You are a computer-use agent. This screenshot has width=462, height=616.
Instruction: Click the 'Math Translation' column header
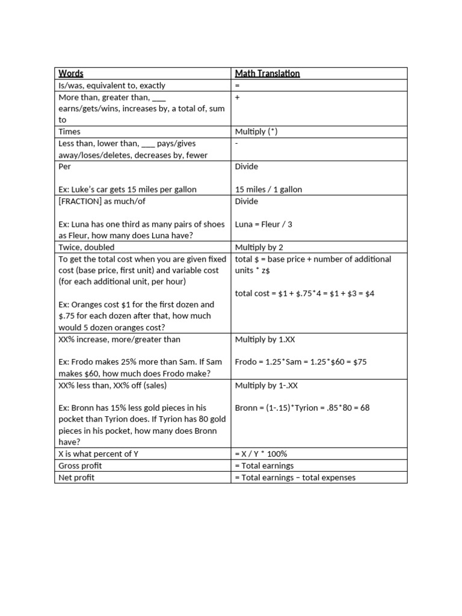point(267,73)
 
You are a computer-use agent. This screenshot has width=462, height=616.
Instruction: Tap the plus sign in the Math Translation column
point(237,97)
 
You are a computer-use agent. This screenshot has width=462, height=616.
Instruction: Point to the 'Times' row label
point(69,132)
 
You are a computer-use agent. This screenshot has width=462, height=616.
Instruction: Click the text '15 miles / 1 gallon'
point(268,189)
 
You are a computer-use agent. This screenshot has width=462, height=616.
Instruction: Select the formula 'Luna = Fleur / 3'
point(263,224)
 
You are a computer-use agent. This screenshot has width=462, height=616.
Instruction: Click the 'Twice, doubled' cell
point(86,247)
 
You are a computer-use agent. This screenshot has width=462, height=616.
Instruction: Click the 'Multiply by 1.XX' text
point(265,340)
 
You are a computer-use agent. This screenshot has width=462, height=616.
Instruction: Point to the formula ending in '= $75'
point(301,362)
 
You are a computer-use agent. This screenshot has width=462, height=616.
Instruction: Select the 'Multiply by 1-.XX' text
point(266,385)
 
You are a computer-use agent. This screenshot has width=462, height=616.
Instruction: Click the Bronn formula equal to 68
point(302,408)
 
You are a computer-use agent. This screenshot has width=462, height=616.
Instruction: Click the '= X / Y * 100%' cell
point(261,454)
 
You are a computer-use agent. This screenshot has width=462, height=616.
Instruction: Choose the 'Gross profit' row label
point(80,466)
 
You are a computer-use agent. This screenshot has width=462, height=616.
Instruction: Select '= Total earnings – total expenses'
point(295,478)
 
